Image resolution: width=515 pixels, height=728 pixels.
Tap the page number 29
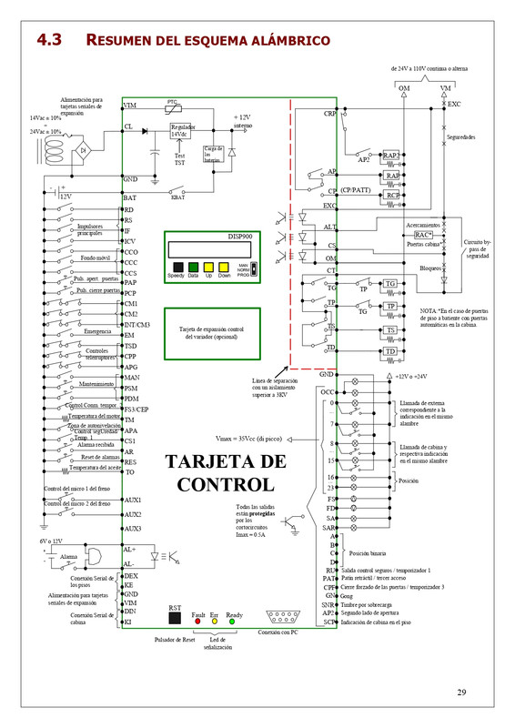click(x=461, y=693)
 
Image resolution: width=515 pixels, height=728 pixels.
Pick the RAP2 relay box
click(x=392, y=156)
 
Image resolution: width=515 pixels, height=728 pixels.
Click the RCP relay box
click(x=392, y=195)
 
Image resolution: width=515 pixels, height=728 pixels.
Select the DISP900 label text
click(x=239, y=236)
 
